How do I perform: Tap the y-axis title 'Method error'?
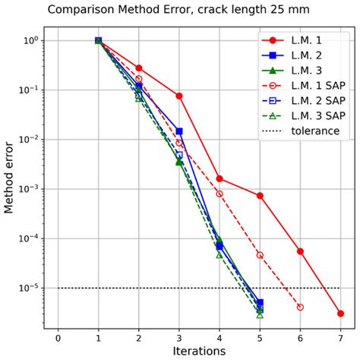click(x=10, y=178)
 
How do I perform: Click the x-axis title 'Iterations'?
click(x=199, y=351)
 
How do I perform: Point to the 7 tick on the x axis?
click(x=340, y=335)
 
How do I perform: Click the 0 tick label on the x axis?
click(x=58, y=335)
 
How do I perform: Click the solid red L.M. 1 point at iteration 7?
click(x=340, y=313)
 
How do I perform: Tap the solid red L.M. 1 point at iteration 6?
click(x=300, y=251)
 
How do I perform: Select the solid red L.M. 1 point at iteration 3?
click(x=179, y=96)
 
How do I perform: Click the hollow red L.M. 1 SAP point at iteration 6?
click(x=300, y=307)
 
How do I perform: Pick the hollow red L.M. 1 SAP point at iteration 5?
click(x=260, y=255)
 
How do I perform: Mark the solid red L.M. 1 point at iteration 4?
click(x=219, y=178)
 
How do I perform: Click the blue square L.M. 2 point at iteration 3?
click(x=179, y=131)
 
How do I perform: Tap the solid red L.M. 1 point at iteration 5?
click(x=260, y=195)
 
